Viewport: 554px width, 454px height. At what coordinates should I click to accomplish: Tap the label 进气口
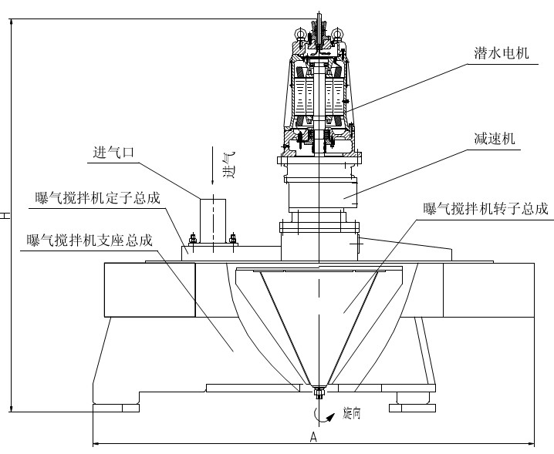pos(113,153)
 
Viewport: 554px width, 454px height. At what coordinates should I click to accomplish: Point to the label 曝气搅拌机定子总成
pos(98,197)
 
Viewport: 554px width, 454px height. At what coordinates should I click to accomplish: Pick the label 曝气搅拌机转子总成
pos(485,208)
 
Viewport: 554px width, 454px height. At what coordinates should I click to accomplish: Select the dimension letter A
pos(313,436)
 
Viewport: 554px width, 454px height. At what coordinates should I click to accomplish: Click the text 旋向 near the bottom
pos(351,415)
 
